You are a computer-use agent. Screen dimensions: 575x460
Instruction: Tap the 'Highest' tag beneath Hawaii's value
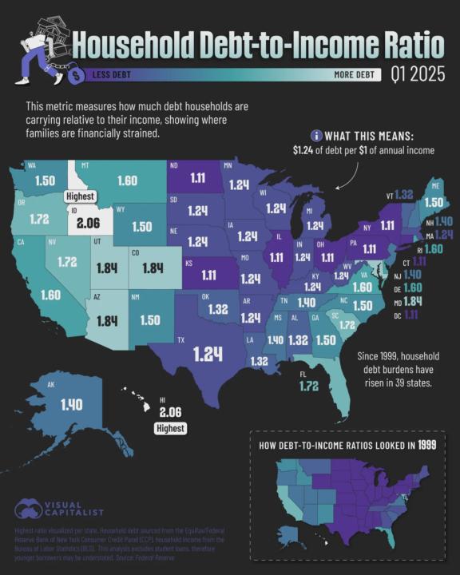(169, 429)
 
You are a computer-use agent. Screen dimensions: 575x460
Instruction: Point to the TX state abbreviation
(181, 340)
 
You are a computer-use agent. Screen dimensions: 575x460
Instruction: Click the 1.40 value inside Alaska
(70, 406)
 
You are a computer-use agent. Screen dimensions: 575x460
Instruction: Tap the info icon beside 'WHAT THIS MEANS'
(316, 135)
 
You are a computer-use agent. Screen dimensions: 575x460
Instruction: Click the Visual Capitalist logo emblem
(29, 509)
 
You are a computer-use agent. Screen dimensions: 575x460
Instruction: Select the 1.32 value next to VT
(403, 194)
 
